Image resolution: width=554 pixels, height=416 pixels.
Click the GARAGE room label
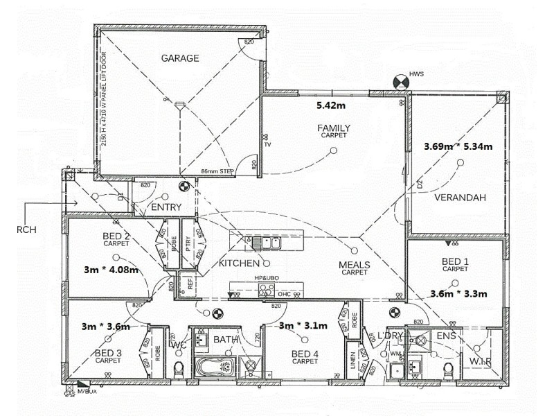180,58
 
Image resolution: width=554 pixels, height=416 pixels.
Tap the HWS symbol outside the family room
400,81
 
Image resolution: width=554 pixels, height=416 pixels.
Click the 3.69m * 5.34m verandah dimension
458,146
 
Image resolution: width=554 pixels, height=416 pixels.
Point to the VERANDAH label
460,198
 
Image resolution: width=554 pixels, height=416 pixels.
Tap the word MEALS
354,265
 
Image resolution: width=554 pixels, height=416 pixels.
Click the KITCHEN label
239,263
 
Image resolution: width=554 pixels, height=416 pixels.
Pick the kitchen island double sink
265,242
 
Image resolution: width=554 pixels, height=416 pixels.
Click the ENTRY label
166,207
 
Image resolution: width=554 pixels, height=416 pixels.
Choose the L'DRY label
391,336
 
